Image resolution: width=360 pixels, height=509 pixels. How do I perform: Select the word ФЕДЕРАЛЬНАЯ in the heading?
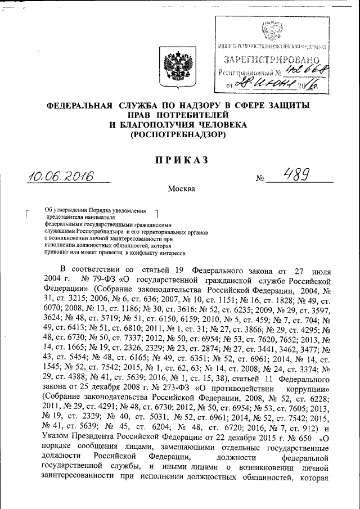click(80, 105)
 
